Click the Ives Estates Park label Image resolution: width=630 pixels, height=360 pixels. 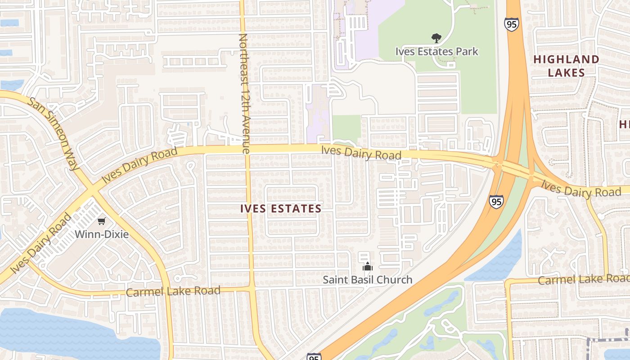[436, 51]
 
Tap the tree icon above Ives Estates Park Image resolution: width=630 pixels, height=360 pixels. [436, 38]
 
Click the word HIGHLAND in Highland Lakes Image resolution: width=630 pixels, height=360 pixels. [566, 59]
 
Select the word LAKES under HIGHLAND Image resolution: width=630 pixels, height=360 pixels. [566, 73]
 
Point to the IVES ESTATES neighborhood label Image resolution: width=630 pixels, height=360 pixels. [281, 209]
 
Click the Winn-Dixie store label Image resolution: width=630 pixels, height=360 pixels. [102, 234]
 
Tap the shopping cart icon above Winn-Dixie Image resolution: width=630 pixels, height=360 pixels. [102, 221]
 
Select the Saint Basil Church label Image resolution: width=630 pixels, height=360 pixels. [367, 279]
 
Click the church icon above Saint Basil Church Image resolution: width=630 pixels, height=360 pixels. [368, 267]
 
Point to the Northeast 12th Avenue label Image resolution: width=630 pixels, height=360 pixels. [243, 94]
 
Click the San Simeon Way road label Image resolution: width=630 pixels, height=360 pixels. [53, 134]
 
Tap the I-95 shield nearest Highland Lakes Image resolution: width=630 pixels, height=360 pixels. [511, 24]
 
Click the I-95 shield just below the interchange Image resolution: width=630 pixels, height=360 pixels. [496, 201]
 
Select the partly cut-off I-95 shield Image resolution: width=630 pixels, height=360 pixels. [314, 356]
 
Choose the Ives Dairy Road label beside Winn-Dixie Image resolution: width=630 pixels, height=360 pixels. [41, 243]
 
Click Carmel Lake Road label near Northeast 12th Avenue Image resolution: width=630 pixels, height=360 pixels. [173, 291]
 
